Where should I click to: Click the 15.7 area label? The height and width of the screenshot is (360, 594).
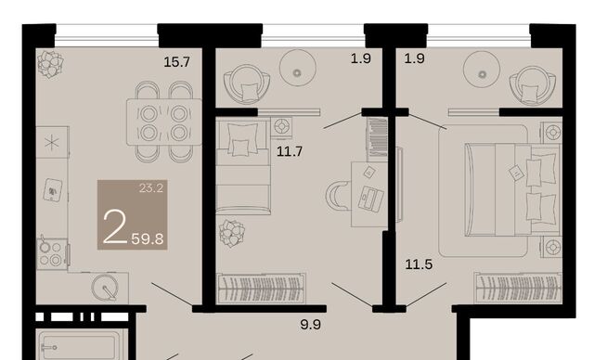coord(176,62)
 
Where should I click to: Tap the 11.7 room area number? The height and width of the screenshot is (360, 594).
coord(290,152)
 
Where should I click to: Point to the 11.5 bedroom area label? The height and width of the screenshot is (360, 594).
coord(419,264)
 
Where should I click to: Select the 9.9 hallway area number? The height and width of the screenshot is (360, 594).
coord(311,325)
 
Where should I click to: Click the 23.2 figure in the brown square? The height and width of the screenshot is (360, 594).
coord(150,187)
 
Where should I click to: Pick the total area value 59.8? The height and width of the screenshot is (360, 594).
coord(148,239)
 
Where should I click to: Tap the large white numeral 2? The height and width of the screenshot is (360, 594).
coord(115,226)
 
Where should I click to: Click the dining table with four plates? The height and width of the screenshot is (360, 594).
coord(164,122)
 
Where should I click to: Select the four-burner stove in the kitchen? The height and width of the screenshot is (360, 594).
coord(52,254)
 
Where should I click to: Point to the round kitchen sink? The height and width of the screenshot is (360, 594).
coord(105,288)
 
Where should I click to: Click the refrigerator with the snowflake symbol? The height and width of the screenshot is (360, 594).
coord(52,142)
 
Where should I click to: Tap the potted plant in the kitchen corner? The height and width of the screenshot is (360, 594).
coord(50,64)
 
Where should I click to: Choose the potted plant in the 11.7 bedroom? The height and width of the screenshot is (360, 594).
coord(232,234)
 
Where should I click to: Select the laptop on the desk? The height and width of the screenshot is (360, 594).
coord(371,198)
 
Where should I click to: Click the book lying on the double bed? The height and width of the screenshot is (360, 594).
coord(515,173)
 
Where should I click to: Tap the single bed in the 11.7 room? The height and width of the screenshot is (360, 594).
coord(243,166)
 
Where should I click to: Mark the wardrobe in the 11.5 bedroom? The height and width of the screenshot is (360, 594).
coord(518,288)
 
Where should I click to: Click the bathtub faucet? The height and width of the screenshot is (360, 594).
coord(49,348)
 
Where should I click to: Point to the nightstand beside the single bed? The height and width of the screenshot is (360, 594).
coord(281,126)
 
